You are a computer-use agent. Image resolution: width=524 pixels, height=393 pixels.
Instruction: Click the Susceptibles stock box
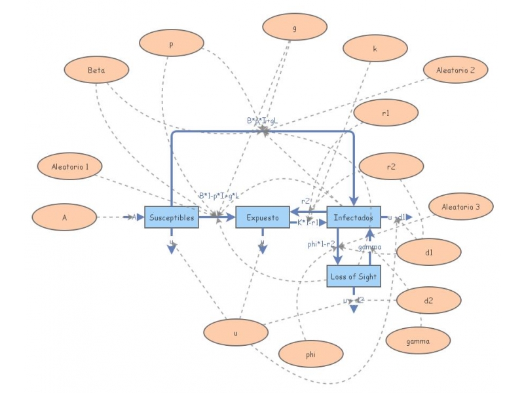[172, 217]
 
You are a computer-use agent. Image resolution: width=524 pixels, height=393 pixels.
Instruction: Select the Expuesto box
[263, 217]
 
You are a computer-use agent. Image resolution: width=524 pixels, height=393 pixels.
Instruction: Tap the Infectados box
[354, 217]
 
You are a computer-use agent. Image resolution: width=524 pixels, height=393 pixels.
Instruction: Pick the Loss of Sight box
[354, 276]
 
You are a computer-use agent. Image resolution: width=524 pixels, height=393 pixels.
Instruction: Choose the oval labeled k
[374, 48]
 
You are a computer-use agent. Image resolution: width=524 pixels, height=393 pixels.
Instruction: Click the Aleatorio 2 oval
[455, 69]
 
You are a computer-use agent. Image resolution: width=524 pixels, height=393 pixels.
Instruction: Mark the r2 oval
[391, 167]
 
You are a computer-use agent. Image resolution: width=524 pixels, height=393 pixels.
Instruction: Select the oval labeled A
[65, 217]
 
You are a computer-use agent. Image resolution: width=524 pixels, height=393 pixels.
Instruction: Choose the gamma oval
[418, 341]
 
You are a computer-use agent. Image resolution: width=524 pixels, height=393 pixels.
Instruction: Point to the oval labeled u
[236, 333]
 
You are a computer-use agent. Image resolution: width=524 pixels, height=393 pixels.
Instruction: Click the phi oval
[310, 354]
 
